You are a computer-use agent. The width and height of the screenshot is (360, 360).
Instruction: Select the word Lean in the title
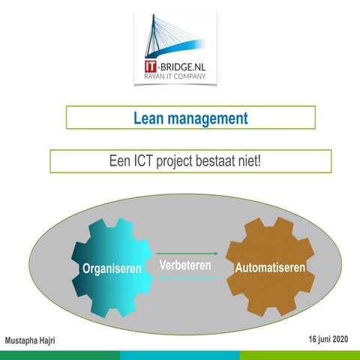148,118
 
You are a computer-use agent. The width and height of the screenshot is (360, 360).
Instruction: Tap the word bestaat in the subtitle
224,161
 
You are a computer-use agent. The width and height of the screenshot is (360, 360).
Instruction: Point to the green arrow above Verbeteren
187,254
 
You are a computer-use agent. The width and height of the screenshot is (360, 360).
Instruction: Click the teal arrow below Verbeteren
187,277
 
